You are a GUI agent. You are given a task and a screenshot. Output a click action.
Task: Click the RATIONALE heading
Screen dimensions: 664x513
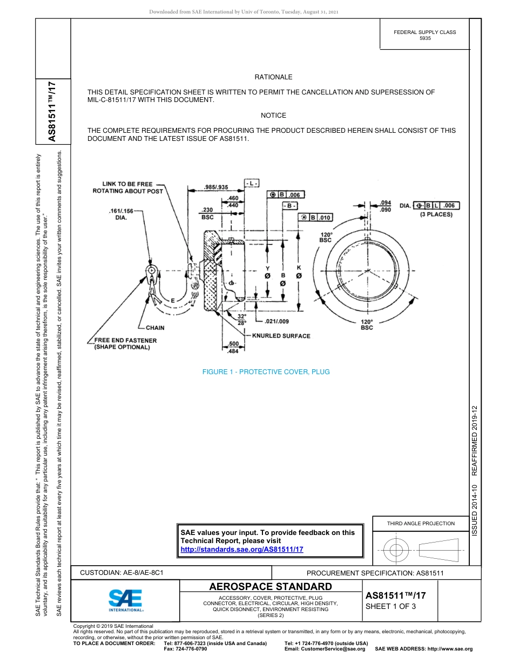[x=273, y=77]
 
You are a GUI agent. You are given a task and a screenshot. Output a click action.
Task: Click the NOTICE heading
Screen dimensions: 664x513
[x=273, y=116]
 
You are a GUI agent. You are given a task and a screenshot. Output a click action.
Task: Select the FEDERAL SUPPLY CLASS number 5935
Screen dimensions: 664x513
[x=425, y=39]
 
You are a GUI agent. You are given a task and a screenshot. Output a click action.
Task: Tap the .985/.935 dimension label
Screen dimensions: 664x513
[x=215, y=187]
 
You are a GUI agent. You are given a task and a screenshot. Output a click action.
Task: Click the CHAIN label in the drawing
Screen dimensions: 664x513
[x=155, y=328]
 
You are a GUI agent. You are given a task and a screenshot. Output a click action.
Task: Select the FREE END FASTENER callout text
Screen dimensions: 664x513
[x=125, y=344]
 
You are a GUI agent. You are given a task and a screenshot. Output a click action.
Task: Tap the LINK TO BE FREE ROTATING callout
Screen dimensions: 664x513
[x=127, y=187]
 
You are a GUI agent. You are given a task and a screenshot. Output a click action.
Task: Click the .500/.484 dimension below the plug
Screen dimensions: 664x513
[x=234, y=348]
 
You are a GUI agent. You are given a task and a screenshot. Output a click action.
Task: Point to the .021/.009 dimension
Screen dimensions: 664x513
[x=263, y=322]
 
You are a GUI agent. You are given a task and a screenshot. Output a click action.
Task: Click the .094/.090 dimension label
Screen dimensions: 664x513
[x=386, y=206]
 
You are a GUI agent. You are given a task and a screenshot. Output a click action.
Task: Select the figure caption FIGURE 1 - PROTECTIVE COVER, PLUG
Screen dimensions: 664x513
[x=266, y=372]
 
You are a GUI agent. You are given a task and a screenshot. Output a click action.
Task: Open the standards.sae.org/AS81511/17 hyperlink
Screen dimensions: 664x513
[x=242, y=549]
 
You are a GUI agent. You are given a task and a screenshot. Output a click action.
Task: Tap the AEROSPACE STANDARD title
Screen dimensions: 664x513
[x=270, y=587]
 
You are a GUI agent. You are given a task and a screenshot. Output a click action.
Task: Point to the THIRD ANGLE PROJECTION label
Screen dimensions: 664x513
[x=421, y=523]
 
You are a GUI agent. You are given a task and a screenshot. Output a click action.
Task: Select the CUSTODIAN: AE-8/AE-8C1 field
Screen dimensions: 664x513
[x=122, y=572]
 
